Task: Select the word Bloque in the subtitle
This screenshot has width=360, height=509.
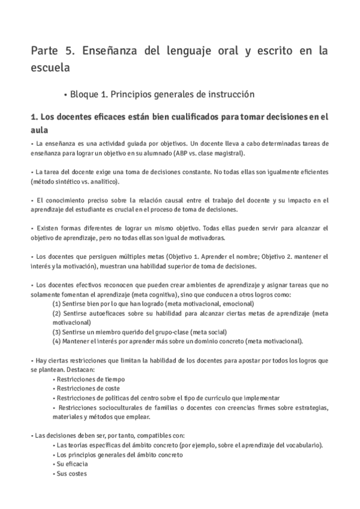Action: point(86,94)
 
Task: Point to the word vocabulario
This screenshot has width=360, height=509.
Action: point(304,445)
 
